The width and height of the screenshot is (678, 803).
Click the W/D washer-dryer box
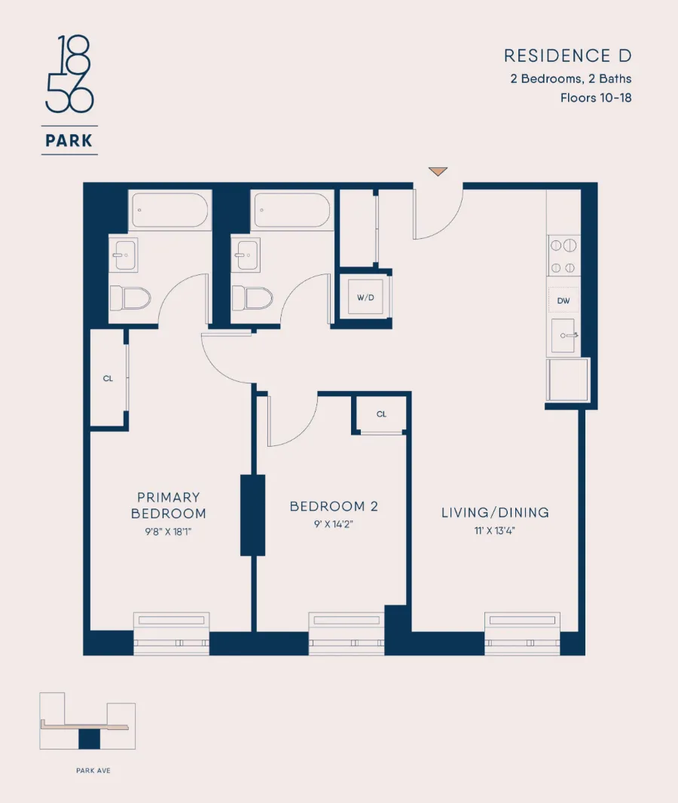click(365, 297)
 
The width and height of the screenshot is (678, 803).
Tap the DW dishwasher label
click(563, 301)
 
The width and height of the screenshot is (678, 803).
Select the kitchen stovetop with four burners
click(563, 256)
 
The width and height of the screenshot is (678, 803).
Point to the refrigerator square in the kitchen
click(568, 380)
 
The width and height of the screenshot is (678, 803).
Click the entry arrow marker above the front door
click(438, 172)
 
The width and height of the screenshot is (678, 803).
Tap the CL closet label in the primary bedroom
click(108, 378)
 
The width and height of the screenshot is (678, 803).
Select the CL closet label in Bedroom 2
click(381, 414)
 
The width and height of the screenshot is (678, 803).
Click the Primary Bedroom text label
click(169, 505)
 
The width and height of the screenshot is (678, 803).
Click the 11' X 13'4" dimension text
click(495, 531)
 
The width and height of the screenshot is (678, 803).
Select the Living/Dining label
click(495, 513)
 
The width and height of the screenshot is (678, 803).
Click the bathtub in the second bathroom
click(292, 210)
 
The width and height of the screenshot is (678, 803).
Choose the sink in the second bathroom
click(246, 255)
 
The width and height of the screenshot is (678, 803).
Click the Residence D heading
click(567, 56)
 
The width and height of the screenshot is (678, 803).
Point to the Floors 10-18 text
click(595, 97)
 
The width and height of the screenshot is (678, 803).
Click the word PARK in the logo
click(69, 140)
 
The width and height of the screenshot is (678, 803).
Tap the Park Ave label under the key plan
click(93, 771)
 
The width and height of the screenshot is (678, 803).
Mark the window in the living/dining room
click(522, 633)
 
